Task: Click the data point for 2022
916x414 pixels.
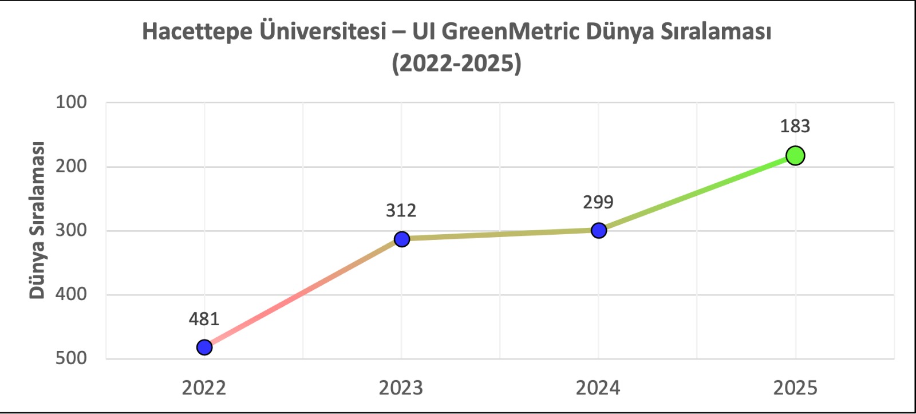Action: (x=204, y=347)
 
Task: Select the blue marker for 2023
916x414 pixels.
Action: (x=402, y=239)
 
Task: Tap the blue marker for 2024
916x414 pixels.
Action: (x=598, y=230)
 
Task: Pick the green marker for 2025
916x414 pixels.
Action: (x=795, y=155)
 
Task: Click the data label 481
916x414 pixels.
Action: (x=204, y=319)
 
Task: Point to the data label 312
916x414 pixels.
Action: (x=401, y=211)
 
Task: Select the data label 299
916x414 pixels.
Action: (x=598, y=202)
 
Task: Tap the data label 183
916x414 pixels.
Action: (x=795, y=126)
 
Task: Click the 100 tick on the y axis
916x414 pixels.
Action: (x=71, y=102)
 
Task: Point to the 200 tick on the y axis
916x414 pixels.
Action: (x=71, y=166)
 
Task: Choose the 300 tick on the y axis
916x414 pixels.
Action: (x=71, y=230)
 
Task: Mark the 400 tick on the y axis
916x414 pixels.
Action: (x=71, y=294)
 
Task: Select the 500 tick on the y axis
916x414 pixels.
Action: (x=71, y=358)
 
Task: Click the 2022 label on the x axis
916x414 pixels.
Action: (x=204, y=388)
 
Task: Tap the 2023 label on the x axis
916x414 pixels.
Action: (x=401, y=388)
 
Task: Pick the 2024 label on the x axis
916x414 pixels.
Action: (x=598, y=388)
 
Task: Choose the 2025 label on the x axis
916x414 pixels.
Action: (x=795, y=388)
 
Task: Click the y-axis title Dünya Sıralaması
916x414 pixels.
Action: (x=37, y=220)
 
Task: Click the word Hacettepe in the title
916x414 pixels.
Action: (x=197, y=31)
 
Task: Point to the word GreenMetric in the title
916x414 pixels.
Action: (x=511, y=31)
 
